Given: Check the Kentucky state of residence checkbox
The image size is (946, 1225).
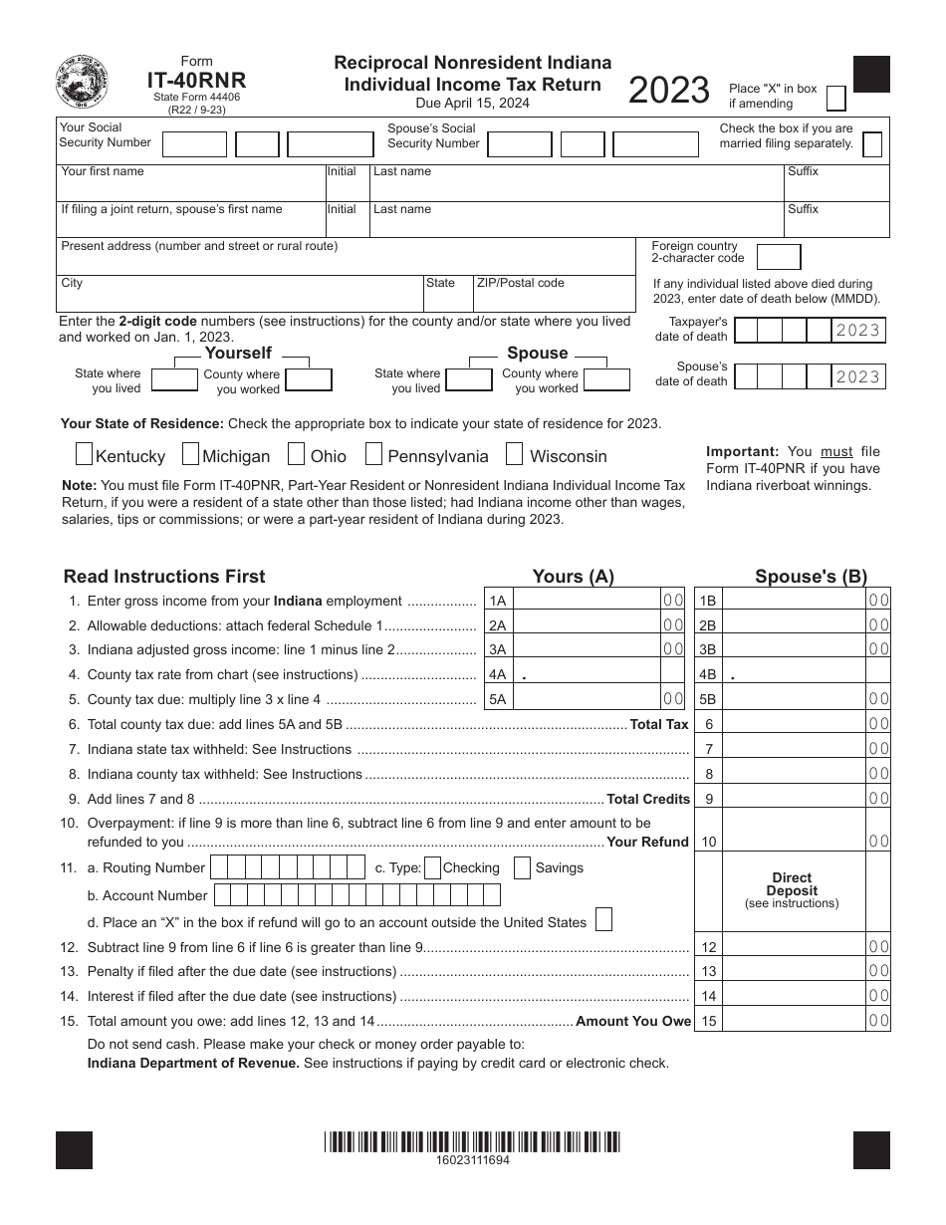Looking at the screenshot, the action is (85, 455).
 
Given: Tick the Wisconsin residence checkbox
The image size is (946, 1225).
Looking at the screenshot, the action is (514, 455).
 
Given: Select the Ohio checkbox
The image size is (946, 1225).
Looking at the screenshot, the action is (296, 455).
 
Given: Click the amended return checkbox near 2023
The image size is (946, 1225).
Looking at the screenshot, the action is (837, 98).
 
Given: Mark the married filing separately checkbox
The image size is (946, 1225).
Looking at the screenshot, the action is (871, 144).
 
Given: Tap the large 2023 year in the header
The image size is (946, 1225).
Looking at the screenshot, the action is (668, 91).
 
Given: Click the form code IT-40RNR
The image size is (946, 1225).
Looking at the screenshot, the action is (196, 81).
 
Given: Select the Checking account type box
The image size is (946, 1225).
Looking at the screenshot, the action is (432, 867).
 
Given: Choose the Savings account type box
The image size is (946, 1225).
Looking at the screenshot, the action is (522, 867).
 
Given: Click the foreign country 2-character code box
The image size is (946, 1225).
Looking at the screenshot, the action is (778, 257).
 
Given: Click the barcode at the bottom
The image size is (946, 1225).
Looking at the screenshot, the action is (472, 1141).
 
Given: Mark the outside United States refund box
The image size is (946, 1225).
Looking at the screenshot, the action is (603, 919).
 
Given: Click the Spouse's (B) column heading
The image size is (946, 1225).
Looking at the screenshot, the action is (811, 576).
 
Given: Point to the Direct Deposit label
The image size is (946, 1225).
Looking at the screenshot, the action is (792, 884).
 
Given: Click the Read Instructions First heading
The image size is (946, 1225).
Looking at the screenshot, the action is (164, 576).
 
